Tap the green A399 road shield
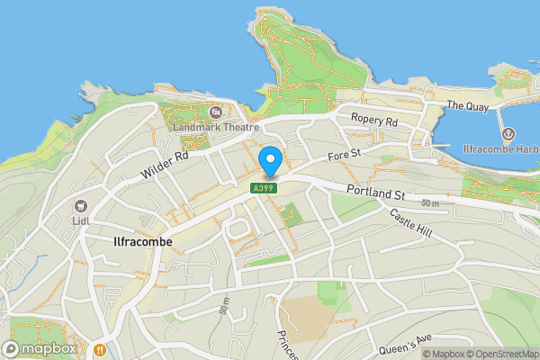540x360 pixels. click(x=262, y=187)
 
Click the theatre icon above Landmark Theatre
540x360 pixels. click(x=215, y=112)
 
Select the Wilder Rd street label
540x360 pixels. click(x=164, y=164)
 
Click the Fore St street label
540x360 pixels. click(x=344, y=157)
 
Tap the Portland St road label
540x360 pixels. click(x=376, y=191)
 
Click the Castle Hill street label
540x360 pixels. click(x=411, y=222)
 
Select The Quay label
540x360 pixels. click(x=467, y=105)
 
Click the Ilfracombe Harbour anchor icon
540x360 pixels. click(x=508, y=134)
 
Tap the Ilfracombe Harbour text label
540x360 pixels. click(x=500, y=149)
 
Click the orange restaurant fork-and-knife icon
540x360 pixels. click(x=100, y=348)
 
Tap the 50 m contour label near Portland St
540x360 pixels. click(x=429, y=204)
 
